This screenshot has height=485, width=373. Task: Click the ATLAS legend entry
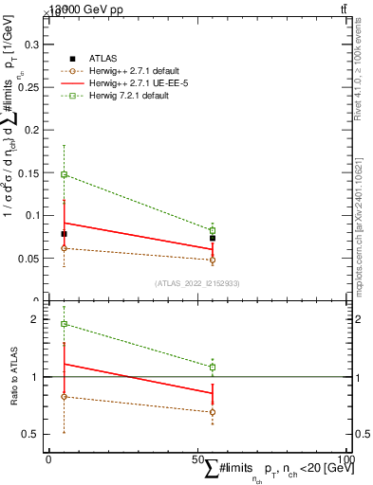coord(103,59)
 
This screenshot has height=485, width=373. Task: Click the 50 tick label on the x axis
coord(197,459)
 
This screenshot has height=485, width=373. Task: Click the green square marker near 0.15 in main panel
coord(64,174)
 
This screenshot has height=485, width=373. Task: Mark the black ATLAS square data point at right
coord(213,239)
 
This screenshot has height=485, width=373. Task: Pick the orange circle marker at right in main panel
coord(213,260)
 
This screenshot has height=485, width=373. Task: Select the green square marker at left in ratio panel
coord(64,324)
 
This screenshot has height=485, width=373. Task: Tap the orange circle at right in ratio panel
coord(213,412)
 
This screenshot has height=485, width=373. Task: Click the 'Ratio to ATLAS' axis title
coord(12,377)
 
